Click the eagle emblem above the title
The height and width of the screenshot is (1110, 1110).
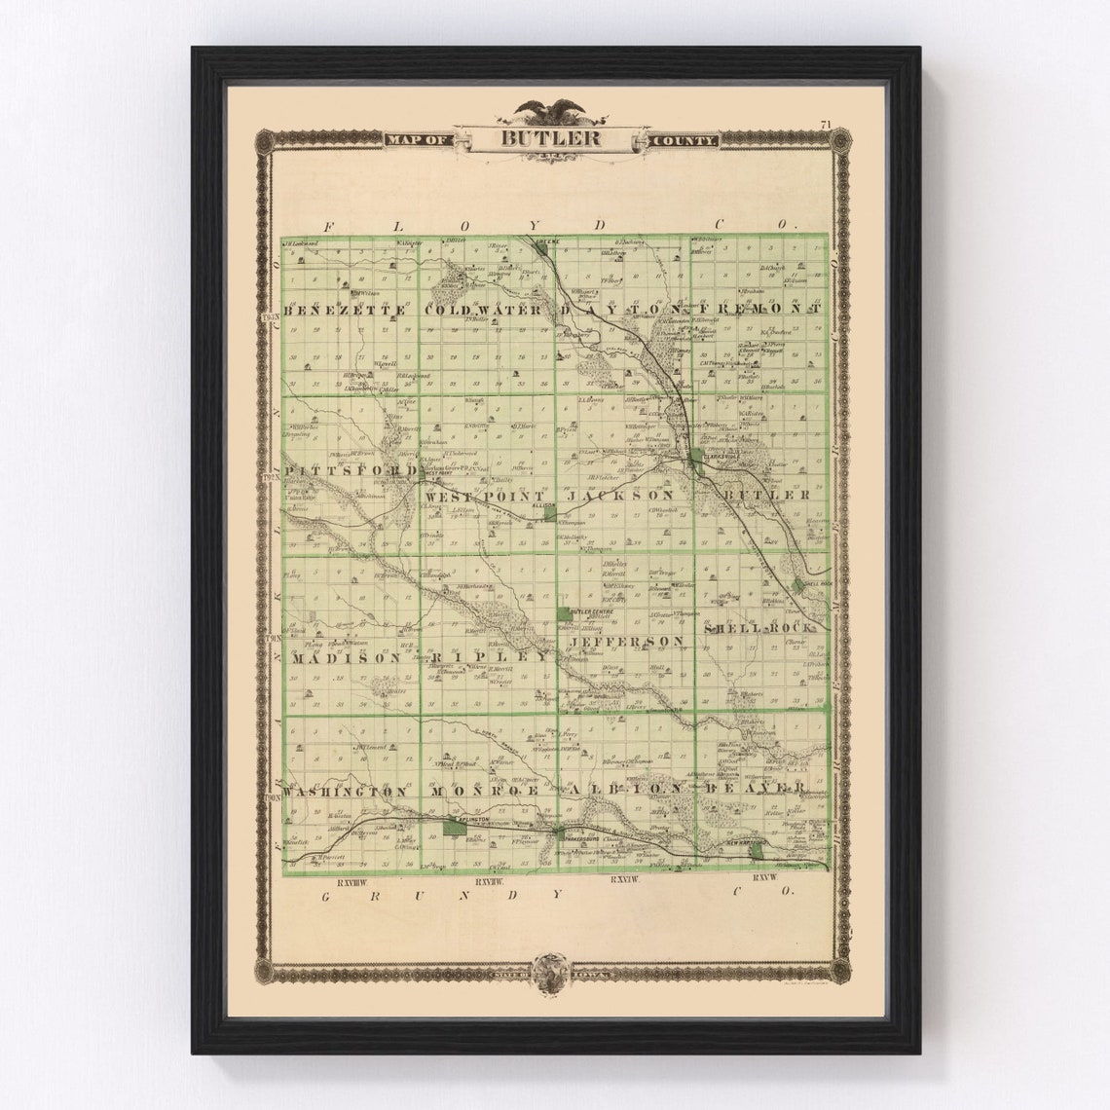[x=551, y=111]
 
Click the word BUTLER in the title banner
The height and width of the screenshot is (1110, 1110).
[x=550, y=138]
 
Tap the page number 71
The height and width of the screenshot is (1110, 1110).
[x=825, y=125]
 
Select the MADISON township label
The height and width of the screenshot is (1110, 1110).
[x=345, y=657]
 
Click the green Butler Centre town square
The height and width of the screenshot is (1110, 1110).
[x=566, y=614]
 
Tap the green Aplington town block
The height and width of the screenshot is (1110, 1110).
[x=449, y=828]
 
